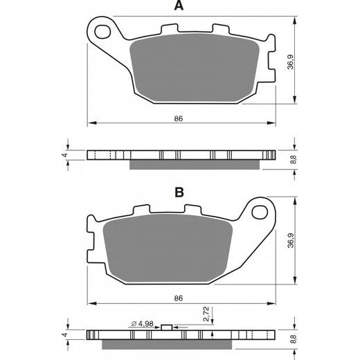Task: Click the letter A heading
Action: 179,6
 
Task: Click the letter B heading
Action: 179,192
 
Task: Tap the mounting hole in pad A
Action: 102,32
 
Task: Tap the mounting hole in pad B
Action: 260,213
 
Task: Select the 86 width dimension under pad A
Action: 179,118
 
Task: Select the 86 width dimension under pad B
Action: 179,298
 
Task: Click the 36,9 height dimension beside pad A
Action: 290,62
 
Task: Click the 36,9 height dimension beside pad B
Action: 291,241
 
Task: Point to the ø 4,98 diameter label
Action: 143,323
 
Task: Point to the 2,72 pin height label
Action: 206,314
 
